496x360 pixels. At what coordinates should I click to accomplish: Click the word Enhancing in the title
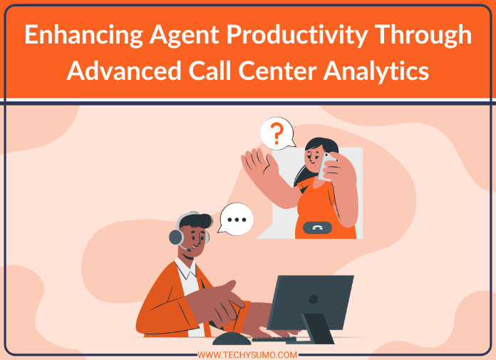pyautogui.click(x=84, y=36)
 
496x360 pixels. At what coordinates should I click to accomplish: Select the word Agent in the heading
pyautogui.click(x=185, y=36)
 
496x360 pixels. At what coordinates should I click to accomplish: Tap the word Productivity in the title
pyautogui.click(x=297, y=36)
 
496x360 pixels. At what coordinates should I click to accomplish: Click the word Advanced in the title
pyautogui.click(x=124, y=71)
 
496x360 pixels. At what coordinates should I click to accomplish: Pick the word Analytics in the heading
pyautogui.click(x=376, y=71)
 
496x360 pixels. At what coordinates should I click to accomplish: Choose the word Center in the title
pyautogui.click(x=277, y=71)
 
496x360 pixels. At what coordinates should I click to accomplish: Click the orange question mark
pyautogui.click(x=277, y=133)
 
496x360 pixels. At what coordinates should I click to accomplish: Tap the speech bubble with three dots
pyautogui.click(x=237, y=220)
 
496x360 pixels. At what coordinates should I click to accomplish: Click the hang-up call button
pyautogui.click(x=317, y=227)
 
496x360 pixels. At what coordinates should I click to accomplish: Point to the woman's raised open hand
pyautogui.click(x=259, y=163)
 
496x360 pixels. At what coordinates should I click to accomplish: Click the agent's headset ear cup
pyautogui.click(x=176, y=237)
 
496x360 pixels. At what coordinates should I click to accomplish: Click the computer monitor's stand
pyautogui.click(x=317, y=329)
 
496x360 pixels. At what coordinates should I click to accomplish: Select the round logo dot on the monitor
pyautogui.click(x=313, y=299)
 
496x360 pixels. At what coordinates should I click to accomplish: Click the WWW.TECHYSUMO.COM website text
pyautogui.click(x=247, y=355)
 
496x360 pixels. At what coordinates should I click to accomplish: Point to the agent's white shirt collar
pyautogui.click(x=187, y=269)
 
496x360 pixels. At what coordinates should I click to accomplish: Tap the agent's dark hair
pyautogui.click(x=195, y=220)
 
